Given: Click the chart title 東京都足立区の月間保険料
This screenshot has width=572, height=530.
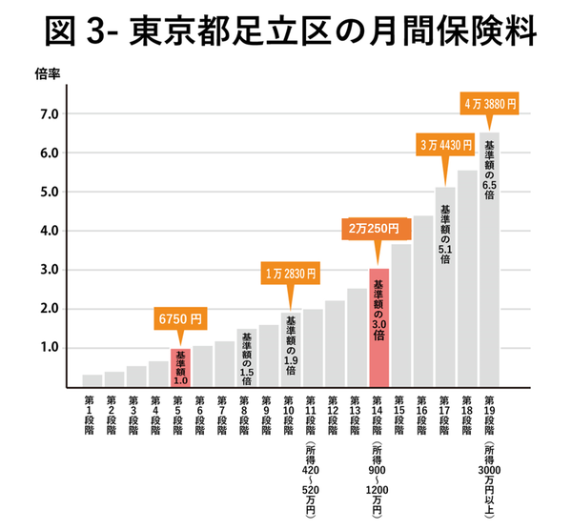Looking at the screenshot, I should pyautogui.click(x=286, y=32).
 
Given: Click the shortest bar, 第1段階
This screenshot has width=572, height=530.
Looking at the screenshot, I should pyautogui.click(x=92, y=380).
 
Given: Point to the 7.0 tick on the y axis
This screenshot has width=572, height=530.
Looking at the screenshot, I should pyautogui.click(x=49, y=114).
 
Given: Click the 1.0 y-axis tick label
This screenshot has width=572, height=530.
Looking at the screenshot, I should pyautogui.click(x=49, y=348).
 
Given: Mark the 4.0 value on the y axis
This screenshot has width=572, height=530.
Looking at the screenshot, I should pyautogui.click(x=49, y=231).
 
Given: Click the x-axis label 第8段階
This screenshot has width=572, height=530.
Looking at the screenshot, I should pyautogui.click(x=246, y=413).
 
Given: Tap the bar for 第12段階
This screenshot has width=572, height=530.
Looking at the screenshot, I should pyautogui.click(x=335, y=343).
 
